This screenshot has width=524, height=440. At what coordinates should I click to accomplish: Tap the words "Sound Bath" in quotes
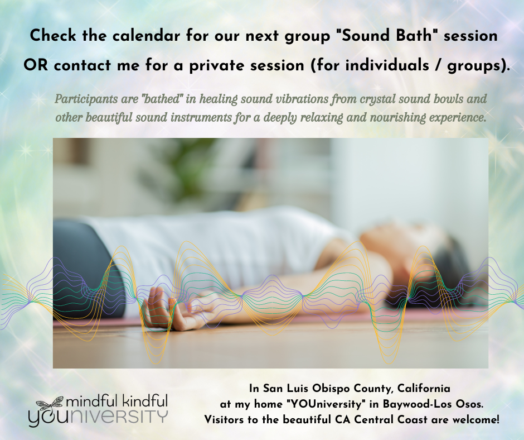pos(385,36)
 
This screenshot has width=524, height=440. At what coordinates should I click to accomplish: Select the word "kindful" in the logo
pos(145,401)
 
